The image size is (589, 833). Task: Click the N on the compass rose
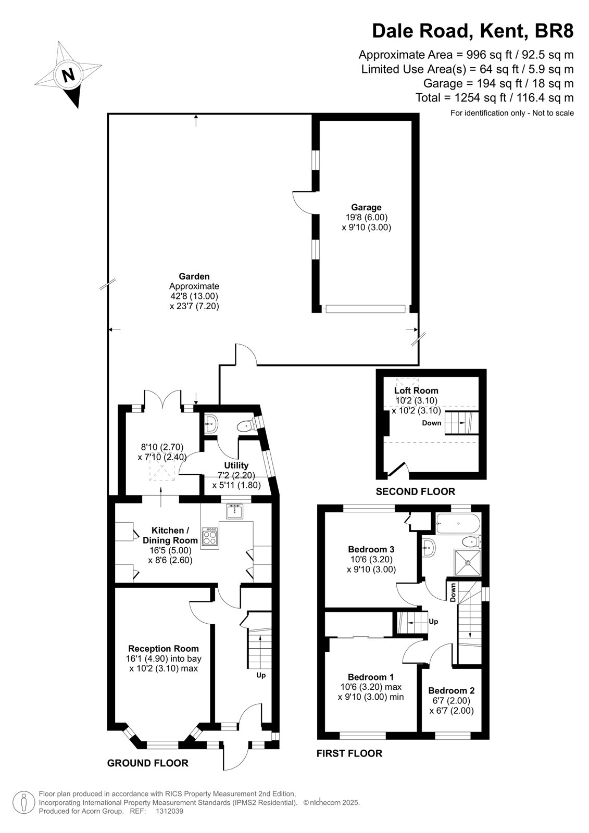68,75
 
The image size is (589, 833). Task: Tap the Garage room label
366,207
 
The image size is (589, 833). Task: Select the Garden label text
194,276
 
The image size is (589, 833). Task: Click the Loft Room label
416,390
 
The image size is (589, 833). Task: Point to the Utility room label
236,465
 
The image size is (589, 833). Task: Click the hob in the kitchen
210,537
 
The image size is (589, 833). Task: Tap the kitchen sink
234,511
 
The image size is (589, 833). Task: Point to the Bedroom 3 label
371,549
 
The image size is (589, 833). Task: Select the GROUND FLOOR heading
148,763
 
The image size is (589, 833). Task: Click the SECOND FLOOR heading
415,491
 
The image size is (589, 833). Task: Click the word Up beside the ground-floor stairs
261,675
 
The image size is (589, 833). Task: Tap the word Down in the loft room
432,423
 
